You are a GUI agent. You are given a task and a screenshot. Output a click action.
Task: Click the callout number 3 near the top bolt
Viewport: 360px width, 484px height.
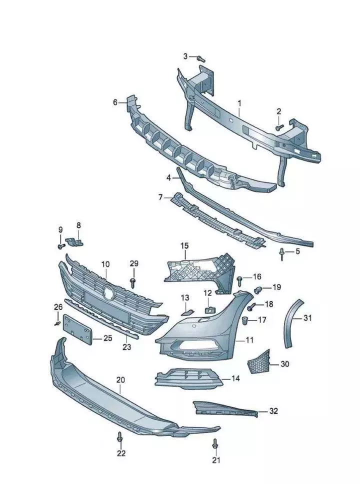click(185, 56)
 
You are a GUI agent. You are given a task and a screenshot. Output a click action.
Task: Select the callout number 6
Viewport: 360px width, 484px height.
click(115, 102)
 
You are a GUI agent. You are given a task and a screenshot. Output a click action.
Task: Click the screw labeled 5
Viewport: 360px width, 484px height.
click(283, 254)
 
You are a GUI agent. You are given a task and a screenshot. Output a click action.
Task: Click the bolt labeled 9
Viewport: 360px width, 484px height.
click(60, 245)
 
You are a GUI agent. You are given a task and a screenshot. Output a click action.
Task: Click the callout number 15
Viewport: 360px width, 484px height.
click(184, 245)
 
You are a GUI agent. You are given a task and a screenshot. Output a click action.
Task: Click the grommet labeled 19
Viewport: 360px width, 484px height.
click(259, 289)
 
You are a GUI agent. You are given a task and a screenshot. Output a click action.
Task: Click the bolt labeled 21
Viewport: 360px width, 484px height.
click(215, 443)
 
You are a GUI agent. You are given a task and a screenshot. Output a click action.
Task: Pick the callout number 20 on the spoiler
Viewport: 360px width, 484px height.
click(120, 380)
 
